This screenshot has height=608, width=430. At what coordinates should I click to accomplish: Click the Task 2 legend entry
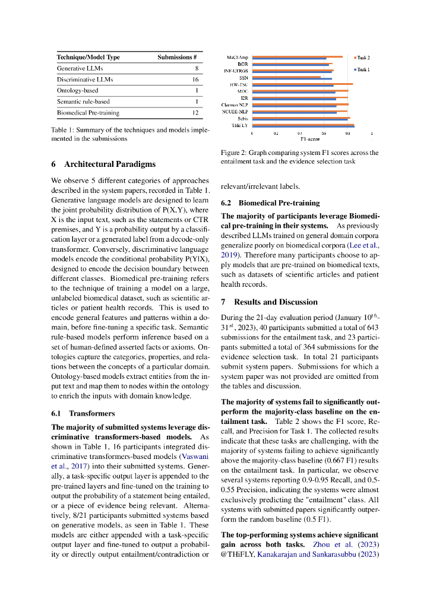362,58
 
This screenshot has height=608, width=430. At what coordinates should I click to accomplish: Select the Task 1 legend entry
362,69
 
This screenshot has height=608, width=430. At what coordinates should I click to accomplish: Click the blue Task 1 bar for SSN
286,78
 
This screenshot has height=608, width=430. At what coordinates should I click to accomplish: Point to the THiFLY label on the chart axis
240,125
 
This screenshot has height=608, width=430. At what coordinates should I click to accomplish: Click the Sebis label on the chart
242,119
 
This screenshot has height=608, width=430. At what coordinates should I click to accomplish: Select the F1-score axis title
310,139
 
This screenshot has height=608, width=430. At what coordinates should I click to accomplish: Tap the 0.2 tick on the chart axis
276,134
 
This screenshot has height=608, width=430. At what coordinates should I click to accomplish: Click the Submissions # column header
177,57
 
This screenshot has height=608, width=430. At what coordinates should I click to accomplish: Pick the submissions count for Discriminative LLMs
195,80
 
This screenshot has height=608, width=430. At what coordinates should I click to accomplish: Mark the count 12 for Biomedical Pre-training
195,112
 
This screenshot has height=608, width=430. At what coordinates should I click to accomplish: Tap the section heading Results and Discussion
276,302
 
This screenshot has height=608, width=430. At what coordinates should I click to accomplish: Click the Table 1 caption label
63,130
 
